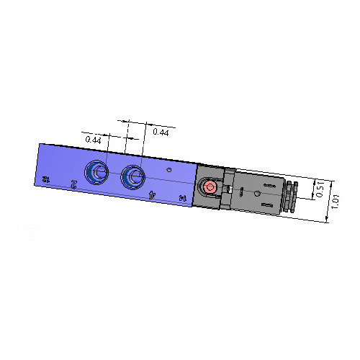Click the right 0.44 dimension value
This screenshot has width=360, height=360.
click(x=161, y=132)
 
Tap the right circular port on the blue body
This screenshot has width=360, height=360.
click(x=132, y=175)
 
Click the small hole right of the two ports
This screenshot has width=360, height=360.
click(x=168, y=171)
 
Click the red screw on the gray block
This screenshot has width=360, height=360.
click(x=210, y=187)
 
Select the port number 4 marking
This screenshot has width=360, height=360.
click(x=151, y=193)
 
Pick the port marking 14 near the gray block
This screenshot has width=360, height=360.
click(x=183, y=197)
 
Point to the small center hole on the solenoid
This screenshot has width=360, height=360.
click(x=258, y=196)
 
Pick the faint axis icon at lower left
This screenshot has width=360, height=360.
click(x=23, y=232)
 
